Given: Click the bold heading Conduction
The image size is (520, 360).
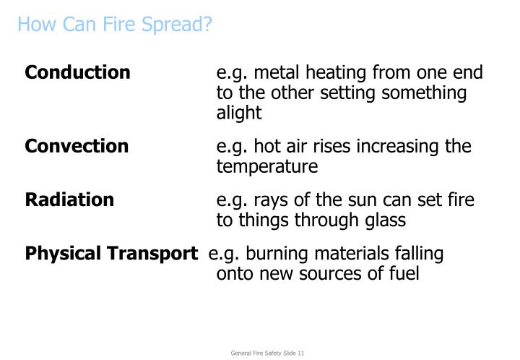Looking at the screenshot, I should pos(78,72).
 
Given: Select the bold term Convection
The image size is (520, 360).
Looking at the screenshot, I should pos(77,146).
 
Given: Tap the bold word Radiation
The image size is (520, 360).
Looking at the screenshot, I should pos(69,200).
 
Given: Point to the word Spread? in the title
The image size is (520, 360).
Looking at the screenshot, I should pos(181,25).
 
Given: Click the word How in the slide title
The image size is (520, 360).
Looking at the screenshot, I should pos(32,25).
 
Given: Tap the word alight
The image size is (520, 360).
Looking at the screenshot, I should pos(239,113).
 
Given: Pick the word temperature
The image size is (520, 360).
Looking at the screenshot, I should pos(266,167).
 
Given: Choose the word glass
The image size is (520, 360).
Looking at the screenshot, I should pos(384,220).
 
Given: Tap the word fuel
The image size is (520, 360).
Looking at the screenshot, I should pos(403,275).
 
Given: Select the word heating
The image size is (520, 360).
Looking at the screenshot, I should pos(338,72).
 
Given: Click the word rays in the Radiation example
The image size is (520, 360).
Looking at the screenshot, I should pos(267,200).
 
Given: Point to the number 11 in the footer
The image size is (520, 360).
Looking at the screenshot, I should pos(300,353).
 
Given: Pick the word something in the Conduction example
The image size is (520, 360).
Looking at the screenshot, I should pos(428,93).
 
